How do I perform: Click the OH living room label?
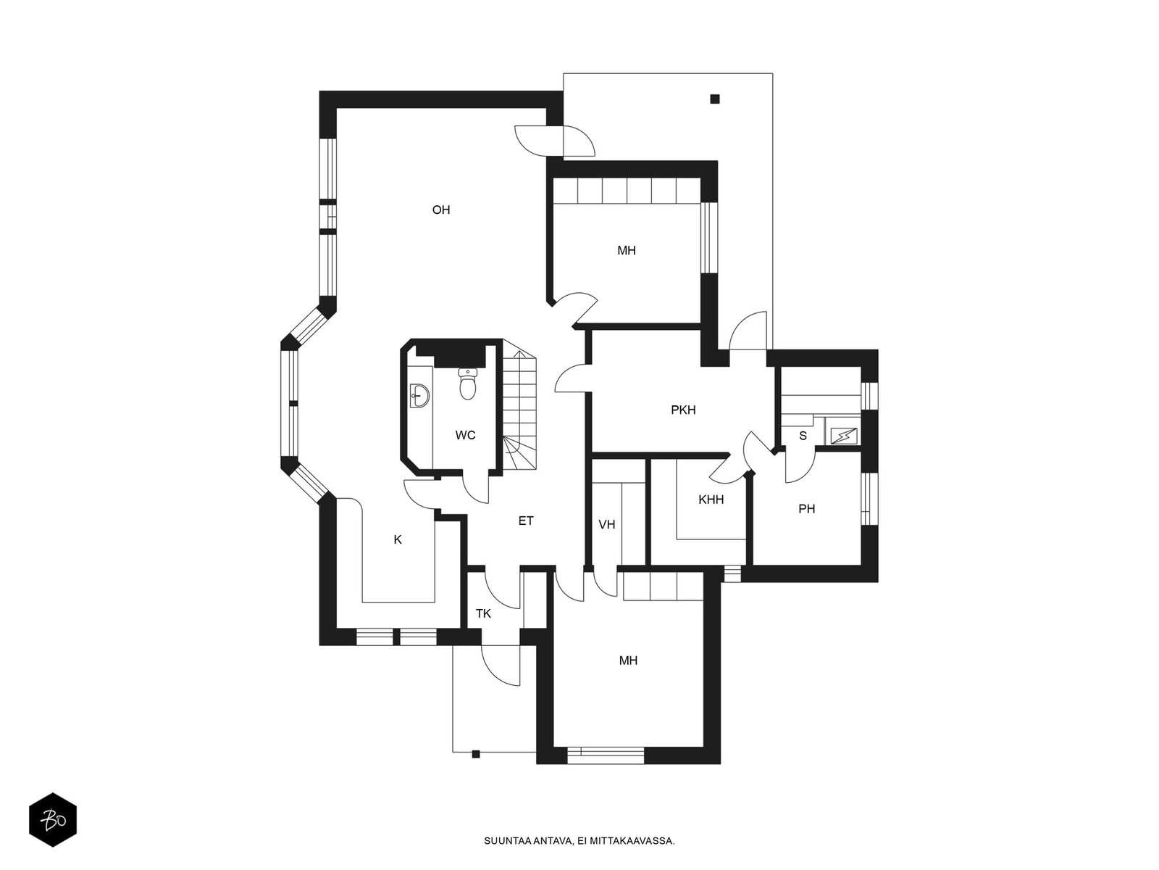click(x=441, y=210)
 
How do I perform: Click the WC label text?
click(x=465, y=435)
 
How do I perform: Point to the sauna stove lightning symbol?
click(x=844, y=436)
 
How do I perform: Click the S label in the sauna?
click(x=803, y=436)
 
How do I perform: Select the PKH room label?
click(x=683, y=410)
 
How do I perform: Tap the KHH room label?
click(x=711, y=500)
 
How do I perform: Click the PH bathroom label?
click(x=806, y=509)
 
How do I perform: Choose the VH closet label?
click(x=607, y=524)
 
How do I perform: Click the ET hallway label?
click(x=526, y=521)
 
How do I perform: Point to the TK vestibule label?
click(x=483, y=613)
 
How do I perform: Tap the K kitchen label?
click(x=398, y=539)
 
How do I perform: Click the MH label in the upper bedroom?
click(x=627, y=250)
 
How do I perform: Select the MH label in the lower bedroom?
click(x=628, y=660)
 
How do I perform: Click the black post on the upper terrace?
click(x=715, y=99)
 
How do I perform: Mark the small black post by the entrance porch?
click(x=475, y=754)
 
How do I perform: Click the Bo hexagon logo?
click(x=53, y=819)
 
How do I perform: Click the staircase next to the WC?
click(x=519, y=406)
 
